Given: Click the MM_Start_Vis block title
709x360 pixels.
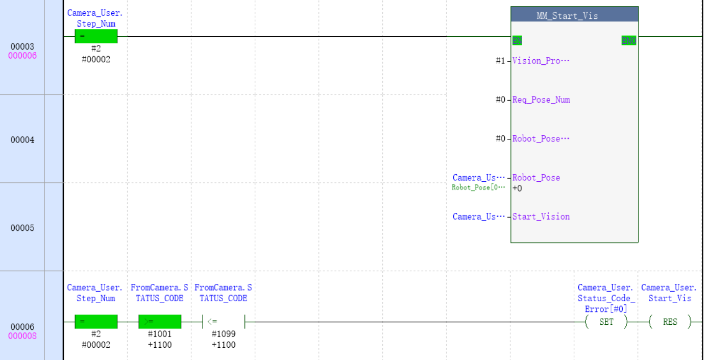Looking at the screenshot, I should [574, 16].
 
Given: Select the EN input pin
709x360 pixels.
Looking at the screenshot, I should [517, 41].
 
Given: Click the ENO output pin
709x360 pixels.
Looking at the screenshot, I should [629, 41].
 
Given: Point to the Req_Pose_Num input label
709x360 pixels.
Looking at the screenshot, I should [541, 100].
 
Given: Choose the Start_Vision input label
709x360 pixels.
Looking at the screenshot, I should [541, 217].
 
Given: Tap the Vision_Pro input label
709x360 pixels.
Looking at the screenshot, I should [541, 61].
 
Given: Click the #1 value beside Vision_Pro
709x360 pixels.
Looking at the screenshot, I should [500, 61].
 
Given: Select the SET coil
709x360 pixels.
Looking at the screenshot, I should [606, 322].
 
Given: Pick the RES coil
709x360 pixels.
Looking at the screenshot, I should [670, 322].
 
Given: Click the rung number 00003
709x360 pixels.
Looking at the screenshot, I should [22, 46].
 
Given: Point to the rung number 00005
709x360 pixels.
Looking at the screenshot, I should [22, 228].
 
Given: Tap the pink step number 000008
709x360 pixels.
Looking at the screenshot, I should [22, 336].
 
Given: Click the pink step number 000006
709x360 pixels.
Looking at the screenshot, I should [22, 56].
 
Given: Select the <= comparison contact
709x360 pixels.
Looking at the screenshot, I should [224, 322].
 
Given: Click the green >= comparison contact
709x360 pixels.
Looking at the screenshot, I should [160, 322].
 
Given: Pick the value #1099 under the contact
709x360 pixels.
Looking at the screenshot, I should [224, 334].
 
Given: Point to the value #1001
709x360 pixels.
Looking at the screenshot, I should [160, 334].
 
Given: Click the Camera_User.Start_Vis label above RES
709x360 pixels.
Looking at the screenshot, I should [669, 293].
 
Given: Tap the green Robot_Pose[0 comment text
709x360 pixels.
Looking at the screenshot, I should [478, 187].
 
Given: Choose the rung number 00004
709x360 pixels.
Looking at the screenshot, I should [22, 139].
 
